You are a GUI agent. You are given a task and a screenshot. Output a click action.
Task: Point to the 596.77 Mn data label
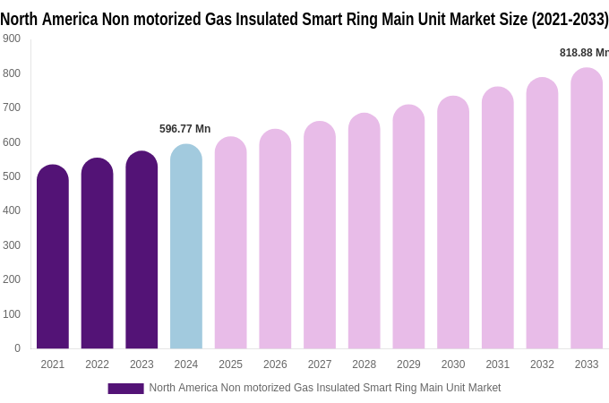(185, 129)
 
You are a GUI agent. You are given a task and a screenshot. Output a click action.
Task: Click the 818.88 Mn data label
(584, 53)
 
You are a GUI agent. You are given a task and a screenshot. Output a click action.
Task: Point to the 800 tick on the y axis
(12, 73)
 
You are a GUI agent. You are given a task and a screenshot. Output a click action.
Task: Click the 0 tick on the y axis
(17, 348)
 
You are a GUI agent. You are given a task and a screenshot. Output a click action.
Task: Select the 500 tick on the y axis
(12, 176)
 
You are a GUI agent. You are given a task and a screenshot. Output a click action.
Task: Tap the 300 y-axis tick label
(12, 245)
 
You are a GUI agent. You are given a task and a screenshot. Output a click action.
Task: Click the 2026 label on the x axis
(275, 364)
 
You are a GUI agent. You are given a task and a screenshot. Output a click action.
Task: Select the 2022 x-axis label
(97, 364)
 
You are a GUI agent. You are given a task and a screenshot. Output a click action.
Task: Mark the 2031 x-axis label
(498, 364)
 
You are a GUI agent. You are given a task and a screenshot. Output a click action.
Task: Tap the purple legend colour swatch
(125, 389)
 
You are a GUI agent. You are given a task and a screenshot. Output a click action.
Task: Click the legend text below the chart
(324, 388)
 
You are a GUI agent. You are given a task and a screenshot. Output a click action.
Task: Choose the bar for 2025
(230, 243)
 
